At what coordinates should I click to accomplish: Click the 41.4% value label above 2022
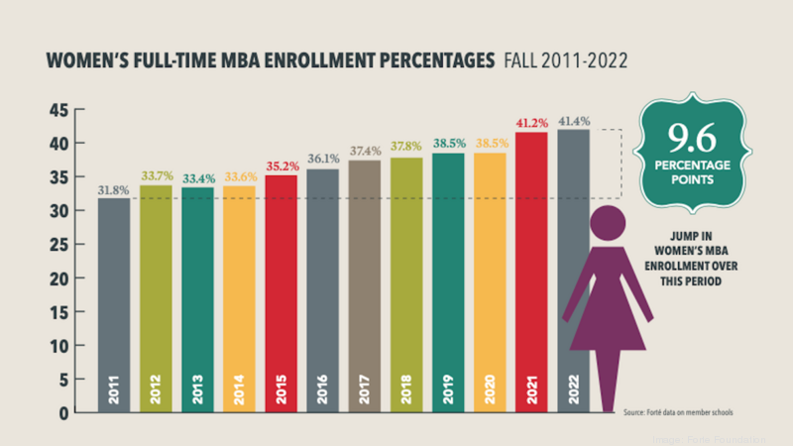[x=574, y=121]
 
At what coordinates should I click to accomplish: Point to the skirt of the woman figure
[x=607, y=322]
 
